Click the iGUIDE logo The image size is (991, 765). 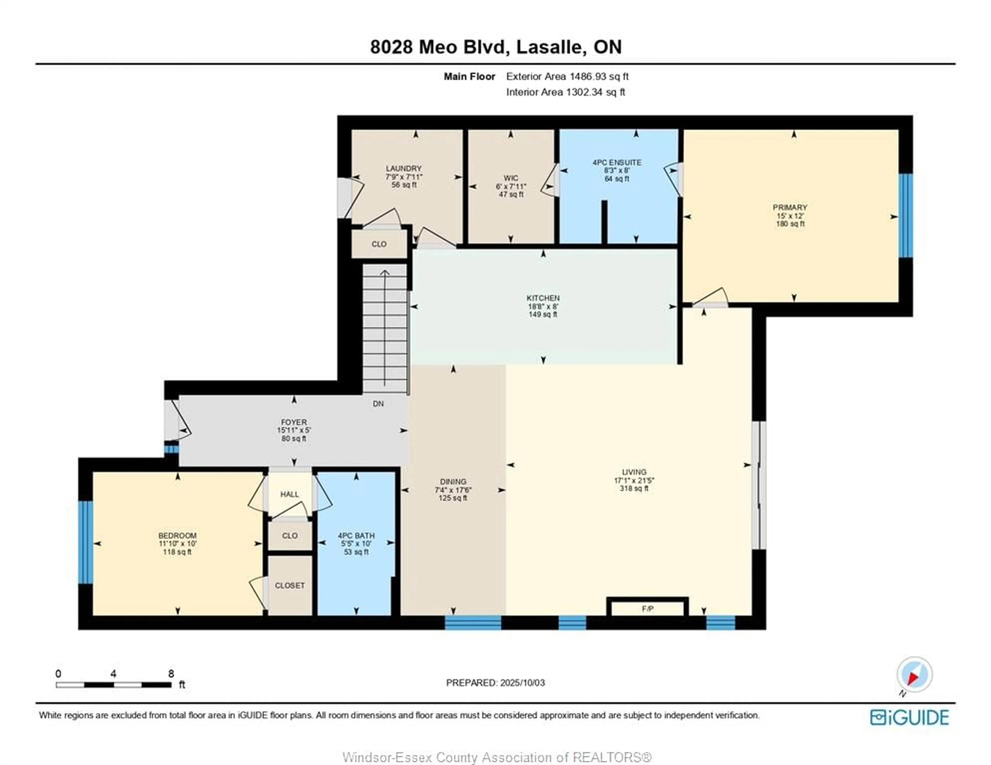[x=909, y=717]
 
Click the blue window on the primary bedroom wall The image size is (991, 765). [x=905, y=215]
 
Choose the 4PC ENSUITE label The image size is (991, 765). [x=617, y=162]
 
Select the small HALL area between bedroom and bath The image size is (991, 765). [x=290, y=494]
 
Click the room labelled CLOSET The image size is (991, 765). [x=290, y=585]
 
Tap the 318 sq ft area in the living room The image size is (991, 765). [x=634, y=489]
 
